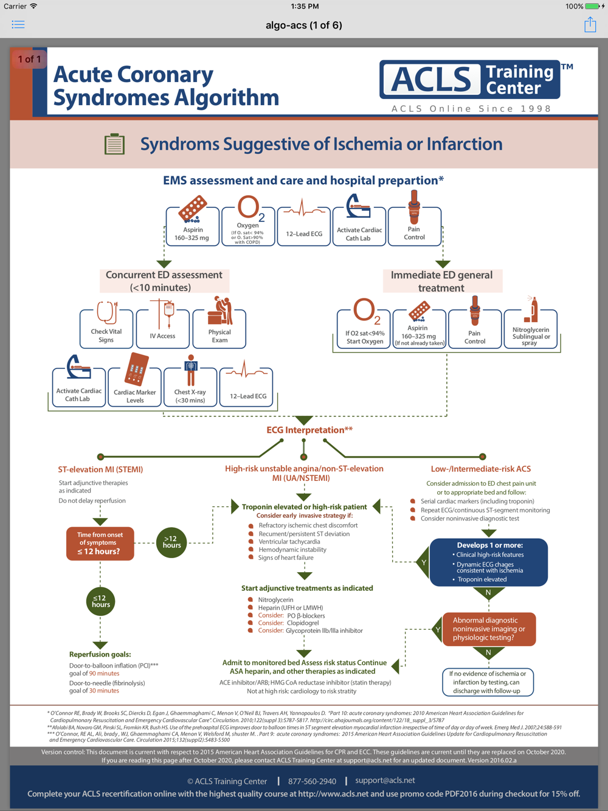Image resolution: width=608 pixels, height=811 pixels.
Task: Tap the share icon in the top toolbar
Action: [590, 25]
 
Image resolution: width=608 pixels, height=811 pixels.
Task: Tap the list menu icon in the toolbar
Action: [18, 25]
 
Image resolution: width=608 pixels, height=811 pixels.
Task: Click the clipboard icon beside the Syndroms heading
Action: [114, 143]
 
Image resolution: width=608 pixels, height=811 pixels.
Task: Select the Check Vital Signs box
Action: [106, 329]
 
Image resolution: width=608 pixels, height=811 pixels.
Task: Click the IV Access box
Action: [162, 329]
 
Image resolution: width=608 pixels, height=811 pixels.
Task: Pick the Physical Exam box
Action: [219, 329]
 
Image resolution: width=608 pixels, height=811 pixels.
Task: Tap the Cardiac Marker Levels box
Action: [135, 387]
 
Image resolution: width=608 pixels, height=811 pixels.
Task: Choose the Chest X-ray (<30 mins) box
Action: [190, 387]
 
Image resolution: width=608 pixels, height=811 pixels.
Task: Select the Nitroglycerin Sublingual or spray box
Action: [531, 329]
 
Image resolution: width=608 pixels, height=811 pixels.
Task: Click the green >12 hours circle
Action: [171, 542]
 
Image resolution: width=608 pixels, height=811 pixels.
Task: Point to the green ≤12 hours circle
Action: [100, 601]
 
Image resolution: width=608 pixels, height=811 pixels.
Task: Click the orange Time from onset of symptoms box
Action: [100, 544]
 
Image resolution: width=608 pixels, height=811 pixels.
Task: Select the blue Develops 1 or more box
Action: [489, 562]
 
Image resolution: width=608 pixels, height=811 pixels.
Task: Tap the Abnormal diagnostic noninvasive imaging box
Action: [489, 629]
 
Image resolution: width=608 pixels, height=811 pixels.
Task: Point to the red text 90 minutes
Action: [104, 673]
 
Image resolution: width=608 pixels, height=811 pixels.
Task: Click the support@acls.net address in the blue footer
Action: [385, 780]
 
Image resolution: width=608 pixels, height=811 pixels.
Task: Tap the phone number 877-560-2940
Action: [312, 781]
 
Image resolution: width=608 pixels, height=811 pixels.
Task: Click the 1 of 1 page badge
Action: [29, 59]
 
